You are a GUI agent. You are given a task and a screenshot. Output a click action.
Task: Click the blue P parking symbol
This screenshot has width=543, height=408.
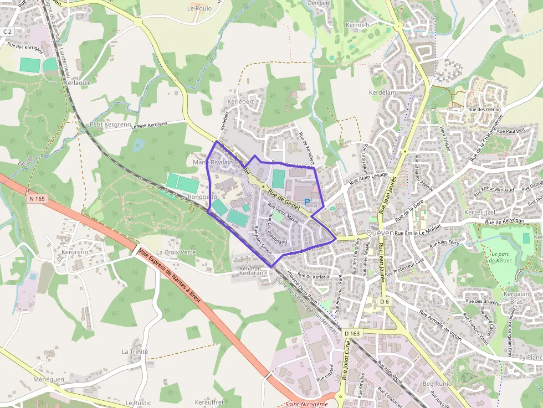(x=306, y=203)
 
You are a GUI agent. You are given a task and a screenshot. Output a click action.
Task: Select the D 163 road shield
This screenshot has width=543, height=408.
(x=352, y=334)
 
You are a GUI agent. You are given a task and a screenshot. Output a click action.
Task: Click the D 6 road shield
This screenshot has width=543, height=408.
(x=385, y=302)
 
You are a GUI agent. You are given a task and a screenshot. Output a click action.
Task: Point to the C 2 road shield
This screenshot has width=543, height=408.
(x=7, y=32)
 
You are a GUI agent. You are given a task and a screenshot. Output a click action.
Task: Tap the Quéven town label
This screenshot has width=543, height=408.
(x=380, y=233)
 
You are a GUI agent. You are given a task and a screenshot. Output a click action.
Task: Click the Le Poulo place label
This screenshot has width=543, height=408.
(x=199, y=8)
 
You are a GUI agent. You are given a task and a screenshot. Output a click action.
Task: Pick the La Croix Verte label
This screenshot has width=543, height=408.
(x=176, y=252)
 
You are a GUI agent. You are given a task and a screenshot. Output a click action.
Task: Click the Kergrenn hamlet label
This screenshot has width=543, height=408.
(x=75, y=252)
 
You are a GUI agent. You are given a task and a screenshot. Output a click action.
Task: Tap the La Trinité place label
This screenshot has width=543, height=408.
(x=135, y=352)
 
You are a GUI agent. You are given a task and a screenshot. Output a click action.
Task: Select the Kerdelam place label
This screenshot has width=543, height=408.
(x=383, y=92)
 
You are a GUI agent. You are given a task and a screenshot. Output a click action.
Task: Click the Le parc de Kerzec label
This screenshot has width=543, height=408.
(x=503, y=258)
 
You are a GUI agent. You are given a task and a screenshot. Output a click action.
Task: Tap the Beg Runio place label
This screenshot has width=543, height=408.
(x=437, y=384)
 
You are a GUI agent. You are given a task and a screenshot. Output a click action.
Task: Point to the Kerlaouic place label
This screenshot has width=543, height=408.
(x=77, y=82)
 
